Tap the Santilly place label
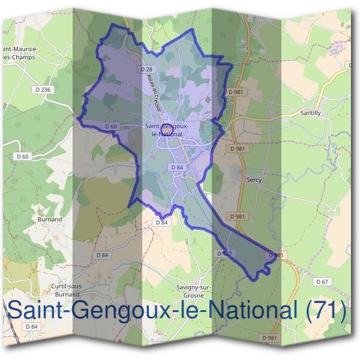tap(310, 113)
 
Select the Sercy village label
tap(254, 179)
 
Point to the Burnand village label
tap(50, 220)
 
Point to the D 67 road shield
tap(322, 282)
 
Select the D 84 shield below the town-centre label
tap(177, 167)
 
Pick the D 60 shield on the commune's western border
tap(110, 127)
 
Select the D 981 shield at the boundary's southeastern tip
tap(275, 255)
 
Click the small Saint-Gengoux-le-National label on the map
tap(168, 130)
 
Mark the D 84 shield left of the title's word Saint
tap(32, 326)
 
